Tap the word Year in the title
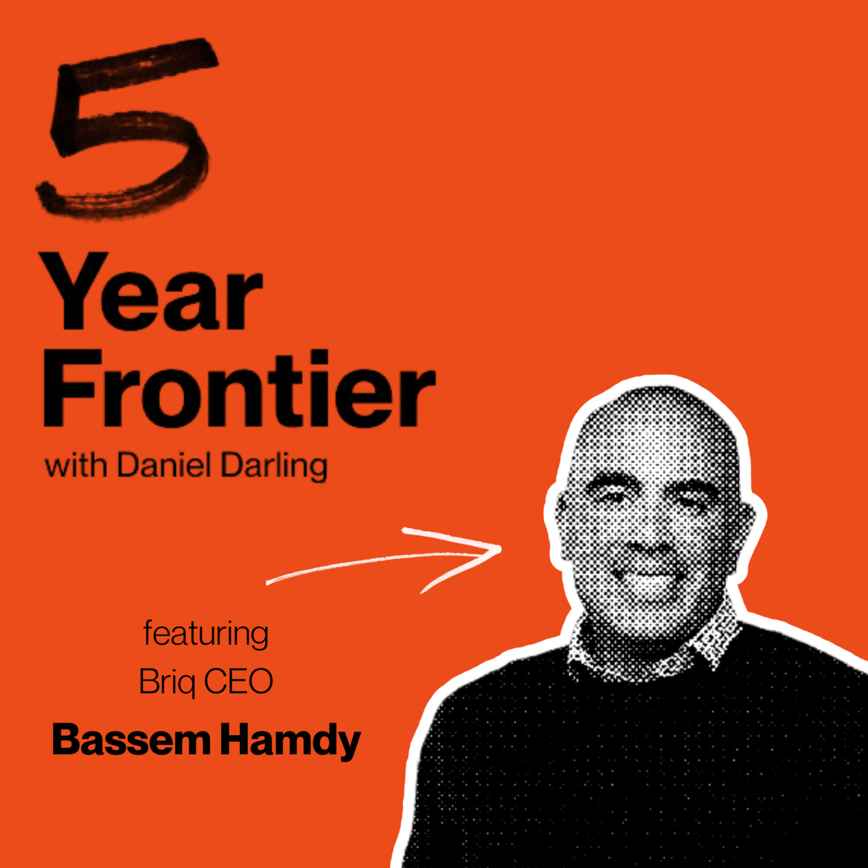click(x=153, y=292)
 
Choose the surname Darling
click(x=274, y=468)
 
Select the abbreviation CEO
click(x=238, y=681)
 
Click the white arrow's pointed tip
click(x=501, y=549)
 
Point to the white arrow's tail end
click(x=267, y=584)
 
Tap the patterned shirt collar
click(x=648, y=648)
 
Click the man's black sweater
click(x=653, y=766)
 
